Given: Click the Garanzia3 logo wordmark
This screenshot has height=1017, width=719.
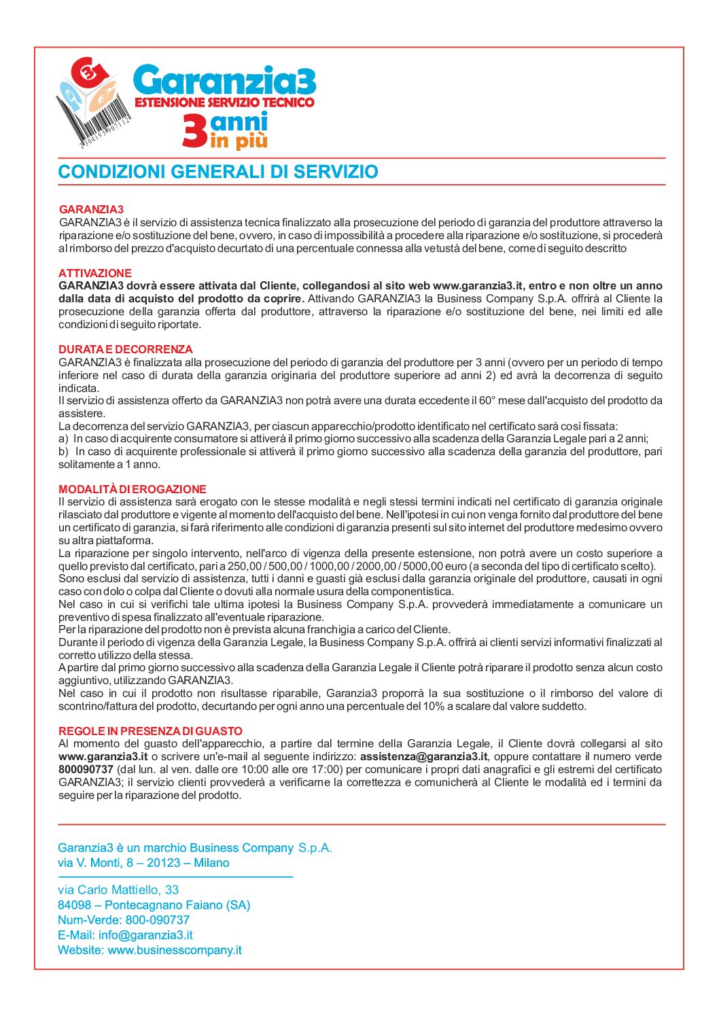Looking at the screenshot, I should click(225, 80).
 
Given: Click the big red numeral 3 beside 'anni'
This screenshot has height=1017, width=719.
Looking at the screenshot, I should click(194, 130).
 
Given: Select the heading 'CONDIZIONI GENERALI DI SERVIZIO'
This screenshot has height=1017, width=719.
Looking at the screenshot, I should click(218, 172).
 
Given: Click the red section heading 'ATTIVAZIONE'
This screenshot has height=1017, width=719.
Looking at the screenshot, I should click(94, 273).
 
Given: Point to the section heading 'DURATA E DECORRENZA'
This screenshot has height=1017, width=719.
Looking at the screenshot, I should click(126, 349).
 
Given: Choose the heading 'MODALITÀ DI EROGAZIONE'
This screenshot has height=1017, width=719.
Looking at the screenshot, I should click(133, 489).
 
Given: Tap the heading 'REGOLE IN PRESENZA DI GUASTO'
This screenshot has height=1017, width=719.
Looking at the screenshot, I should click(150, 731).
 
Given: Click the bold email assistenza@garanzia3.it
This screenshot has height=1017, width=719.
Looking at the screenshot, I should click(423, 757).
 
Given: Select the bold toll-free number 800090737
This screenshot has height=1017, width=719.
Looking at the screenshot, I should click(86, 770).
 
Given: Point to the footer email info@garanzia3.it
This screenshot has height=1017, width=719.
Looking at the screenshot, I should click(145, 935).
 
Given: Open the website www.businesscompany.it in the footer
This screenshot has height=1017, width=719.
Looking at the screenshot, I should click(175, 950).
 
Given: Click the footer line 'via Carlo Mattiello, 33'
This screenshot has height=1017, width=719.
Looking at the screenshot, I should click(118, 889).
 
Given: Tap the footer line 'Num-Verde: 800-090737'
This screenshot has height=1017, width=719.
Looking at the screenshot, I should click(124, 920).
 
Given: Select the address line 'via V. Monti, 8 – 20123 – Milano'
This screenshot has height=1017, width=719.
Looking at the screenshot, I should click(143, 863).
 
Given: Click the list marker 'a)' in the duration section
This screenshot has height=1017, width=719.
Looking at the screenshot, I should click(64, 439).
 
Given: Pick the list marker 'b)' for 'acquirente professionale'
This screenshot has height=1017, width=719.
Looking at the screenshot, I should click(64, 452).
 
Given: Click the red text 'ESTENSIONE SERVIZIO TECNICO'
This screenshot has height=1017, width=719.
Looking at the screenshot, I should click(225, 103).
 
